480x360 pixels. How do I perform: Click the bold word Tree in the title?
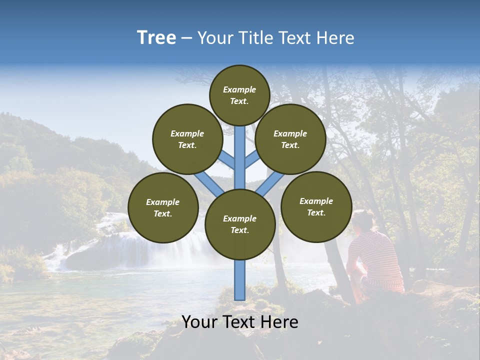(156, 38)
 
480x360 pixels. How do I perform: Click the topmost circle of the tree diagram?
(239, 95)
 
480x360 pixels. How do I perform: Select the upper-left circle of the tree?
(187, 139)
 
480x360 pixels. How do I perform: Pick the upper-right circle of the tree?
(290, 139)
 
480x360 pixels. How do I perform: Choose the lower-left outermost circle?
(163, 207)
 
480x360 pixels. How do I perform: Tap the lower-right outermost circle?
(316, 206)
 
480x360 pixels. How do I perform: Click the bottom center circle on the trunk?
(240, 224)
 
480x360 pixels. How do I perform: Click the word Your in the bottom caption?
(198, 322)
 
